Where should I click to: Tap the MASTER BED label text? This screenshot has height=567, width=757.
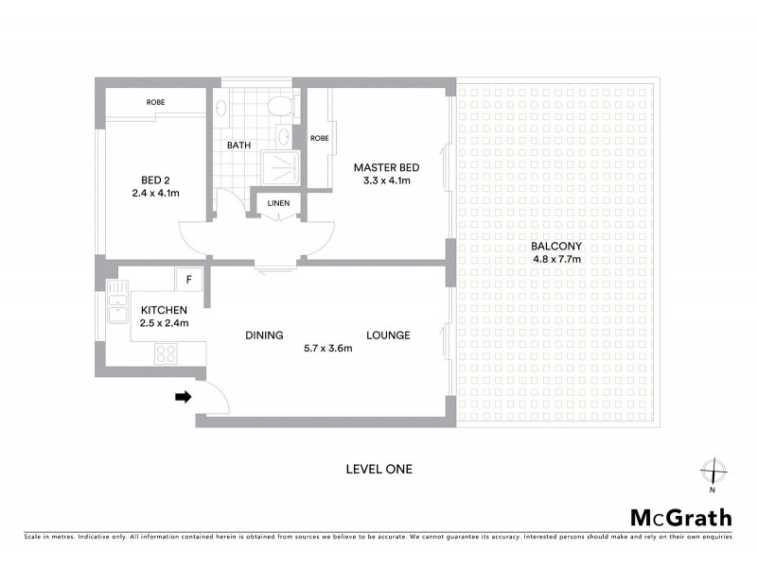[386, 167]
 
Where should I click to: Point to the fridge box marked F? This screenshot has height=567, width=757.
[188, 280]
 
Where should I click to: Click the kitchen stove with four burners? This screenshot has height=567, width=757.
[167, 353]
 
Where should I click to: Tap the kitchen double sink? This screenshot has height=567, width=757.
[118, 308]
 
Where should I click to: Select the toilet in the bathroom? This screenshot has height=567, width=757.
[279, 107]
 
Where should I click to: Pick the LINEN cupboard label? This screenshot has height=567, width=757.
[279, 203]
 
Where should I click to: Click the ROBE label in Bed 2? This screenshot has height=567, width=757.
[156, 102]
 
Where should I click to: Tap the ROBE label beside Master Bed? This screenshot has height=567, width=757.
[320, 138]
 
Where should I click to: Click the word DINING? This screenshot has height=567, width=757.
[264, 335]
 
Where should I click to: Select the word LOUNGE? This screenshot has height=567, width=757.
[388, 335]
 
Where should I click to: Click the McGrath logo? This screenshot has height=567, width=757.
[680, 517]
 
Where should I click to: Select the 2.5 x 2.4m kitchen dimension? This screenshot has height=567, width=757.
[165, 323]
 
